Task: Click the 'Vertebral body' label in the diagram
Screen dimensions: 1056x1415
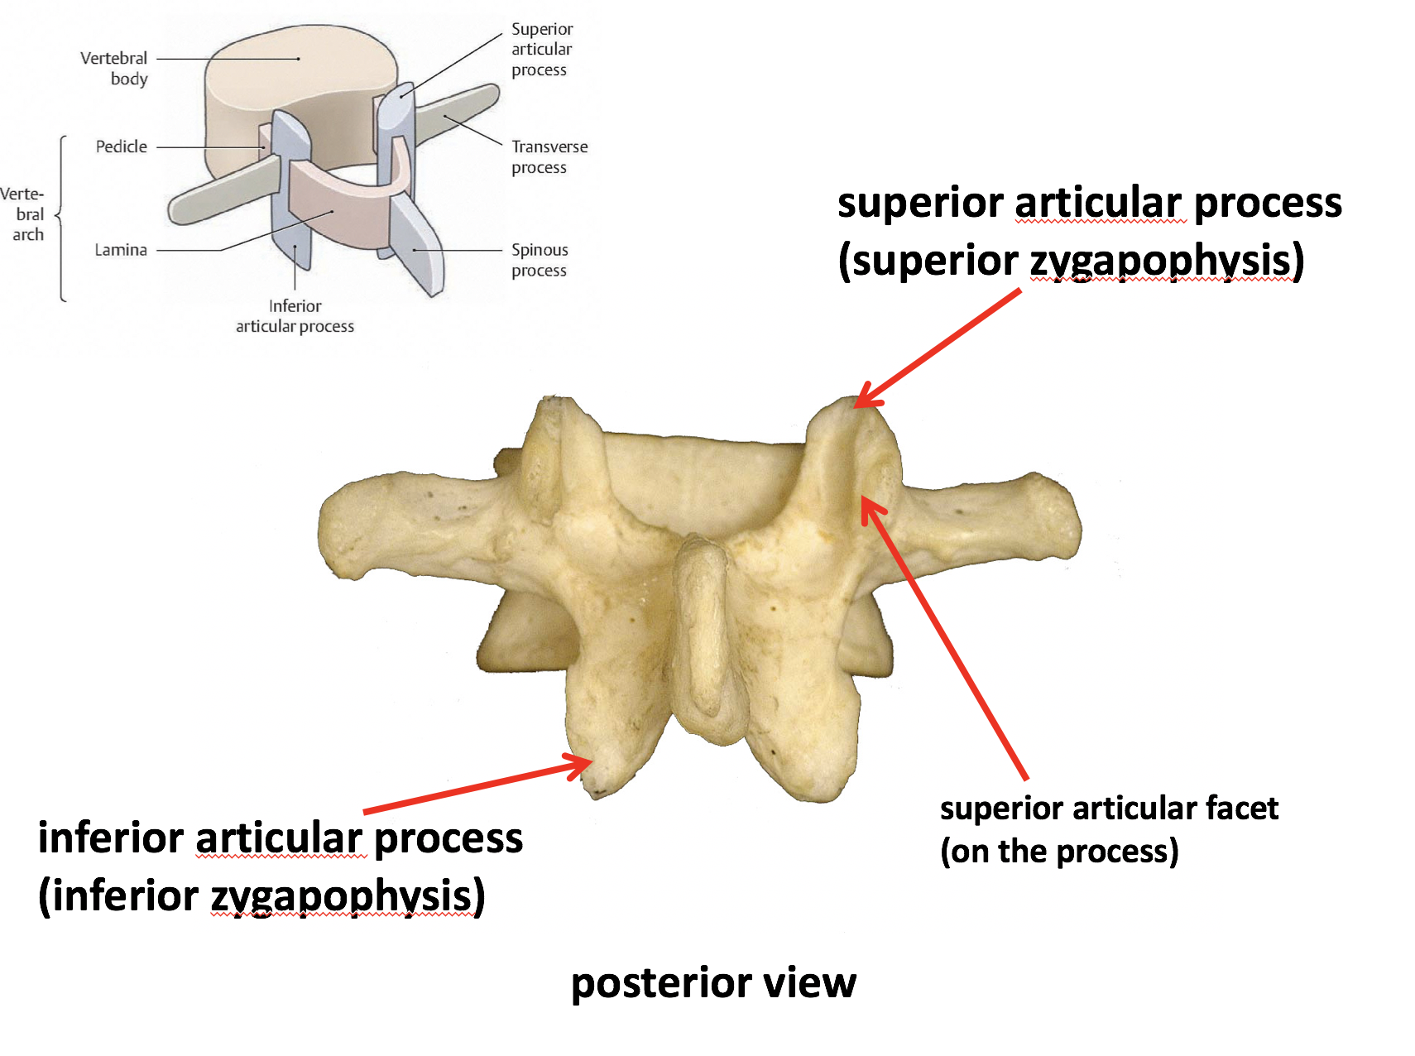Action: [114, 68]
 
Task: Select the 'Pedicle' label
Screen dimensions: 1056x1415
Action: [121, 146]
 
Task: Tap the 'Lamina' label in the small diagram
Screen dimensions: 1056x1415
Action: [121, 249]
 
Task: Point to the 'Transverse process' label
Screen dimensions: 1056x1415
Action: [549, 156]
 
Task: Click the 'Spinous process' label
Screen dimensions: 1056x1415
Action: [540, 260]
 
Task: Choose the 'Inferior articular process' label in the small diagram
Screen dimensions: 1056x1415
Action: [295, 316]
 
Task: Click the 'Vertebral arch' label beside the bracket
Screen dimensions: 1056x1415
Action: [24, 214]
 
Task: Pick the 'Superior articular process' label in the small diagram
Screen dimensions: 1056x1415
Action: [541, 50]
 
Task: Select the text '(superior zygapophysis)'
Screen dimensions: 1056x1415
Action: [1071, 261]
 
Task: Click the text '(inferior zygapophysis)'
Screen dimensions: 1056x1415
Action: [261, 896]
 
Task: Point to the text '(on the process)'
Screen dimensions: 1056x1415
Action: [1059, 851]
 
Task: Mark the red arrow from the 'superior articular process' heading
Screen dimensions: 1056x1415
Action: [939, 348]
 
